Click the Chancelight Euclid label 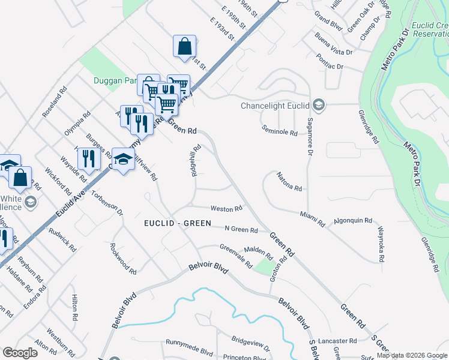pyautogui.click(x=275, y=106)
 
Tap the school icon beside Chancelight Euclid pyautogui.click(x=318, y=106)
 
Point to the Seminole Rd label pyautogui.click(x=280, y=132)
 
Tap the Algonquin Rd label pyautogui.click(x=353, y=220)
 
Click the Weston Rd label pyautogui.click(x=226, y=208)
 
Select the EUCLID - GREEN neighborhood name pyautogui.click(x=178, y=223)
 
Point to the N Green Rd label pyautogui.click(x=241, y=229)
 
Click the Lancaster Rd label pyautogui.click(x=337, y=340)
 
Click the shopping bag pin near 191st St pyautogui.click(x=185, y=46)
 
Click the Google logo pyautogui.click(x=20, y=353)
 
